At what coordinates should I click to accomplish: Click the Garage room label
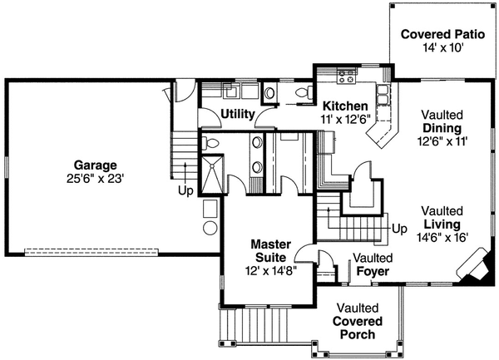[93, 165]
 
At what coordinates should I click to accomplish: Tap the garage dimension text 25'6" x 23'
[93, 178]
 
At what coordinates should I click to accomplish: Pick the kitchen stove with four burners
[348, 76]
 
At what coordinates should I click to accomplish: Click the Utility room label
[237, 114]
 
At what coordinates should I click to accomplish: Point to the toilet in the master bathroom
[211, 144]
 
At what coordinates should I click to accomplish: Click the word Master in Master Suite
[271, 244]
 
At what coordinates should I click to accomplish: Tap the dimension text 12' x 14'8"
[271, 270]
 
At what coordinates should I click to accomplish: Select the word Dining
[442, 128]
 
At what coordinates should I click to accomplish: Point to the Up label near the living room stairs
[399, 228]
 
